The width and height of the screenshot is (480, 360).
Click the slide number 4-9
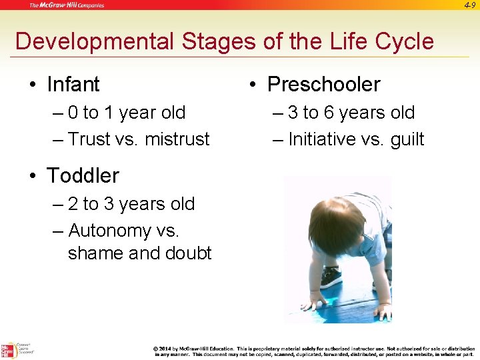[x=468, y=5]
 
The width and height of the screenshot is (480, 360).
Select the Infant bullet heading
[x=73, y=85]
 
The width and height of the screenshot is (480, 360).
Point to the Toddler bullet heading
[x=83, y=175]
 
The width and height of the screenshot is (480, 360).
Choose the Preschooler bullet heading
[x=323, y=85]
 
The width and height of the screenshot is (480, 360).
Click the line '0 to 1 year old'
[x=127, y=113]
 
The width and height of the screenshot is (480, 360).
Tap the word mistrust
[x=177, y=139]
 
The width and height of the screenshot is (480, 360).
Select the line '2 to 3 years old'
[x=131, y=204]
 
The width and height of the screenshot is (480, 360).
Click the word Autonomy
[x=110, y=231]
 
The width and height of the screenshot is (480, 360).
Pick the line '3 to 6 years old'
[x=351, y=113]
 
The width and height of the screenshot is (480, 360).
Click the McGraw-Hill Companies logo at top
[x=66, y=5]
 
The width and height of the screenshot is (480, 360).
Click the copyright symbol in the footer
[x=155, y=349]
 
